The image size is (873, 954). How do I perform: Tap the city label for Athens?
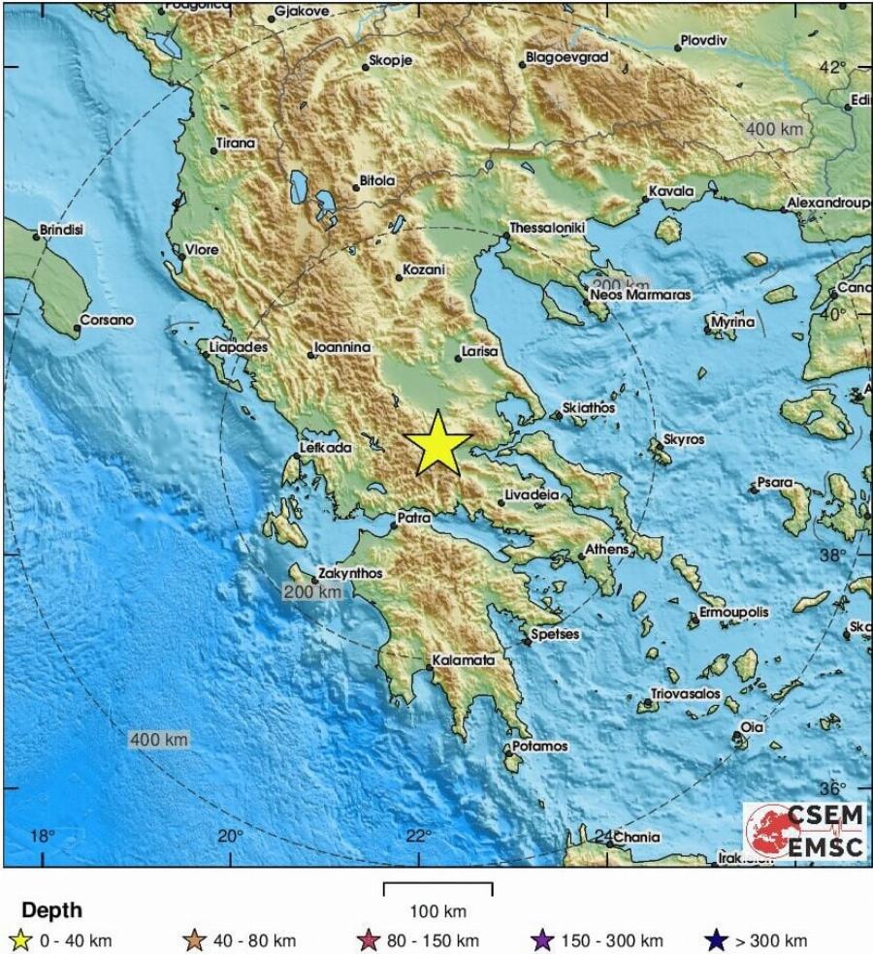click(606, 549)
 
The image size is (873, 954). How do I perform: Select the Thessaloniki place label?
click(547, 227)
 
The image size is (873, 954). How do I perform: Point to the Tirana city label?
click(236, 143)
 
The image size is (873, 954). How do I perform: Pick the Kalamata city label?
click(464, 660)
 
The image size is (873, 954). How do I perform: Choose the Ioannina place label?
click(342, 347)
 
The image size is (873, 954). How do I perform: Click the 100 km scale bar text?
click(438, 911)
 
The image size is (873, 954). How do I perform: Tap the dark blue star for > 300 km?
click(717, 940)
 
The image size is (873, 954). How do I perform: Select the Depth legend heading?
click(51, 910)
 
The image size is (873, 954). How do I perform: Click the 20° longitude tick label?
click(230, 837)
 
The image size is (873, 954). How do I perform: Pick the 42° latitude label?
click(833, 67)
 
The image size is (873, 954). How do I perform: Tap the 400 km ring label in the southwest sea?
click(158, 740)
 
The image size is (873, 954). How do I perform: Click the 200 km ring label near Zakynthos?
click(312, 591)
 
